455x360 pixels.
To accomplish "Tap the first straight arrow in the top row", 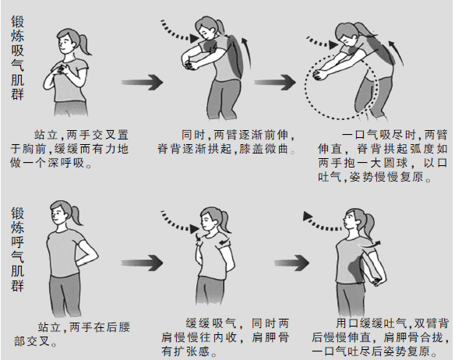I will click(142, 82).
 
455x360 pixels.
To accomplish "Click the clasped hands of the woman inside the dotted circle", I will click(321, 76).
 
